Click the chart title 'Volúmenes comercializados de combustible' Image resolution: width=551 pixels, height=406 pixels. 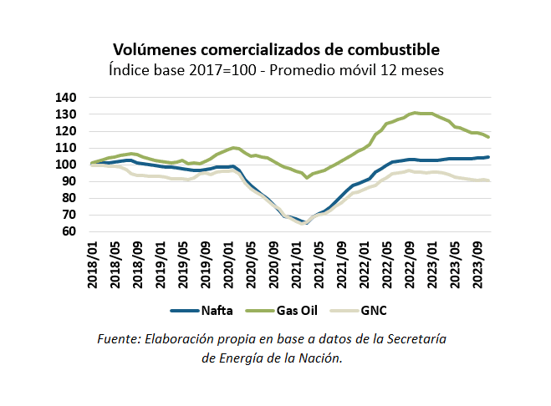pyautogui.click(x=276, y=50)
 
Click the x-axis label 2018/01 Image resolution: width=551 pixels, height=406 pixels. pyautogui.click(x=94, y=266)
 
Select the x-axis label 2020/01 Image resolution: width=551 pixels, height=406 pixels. pyautogui.click(x=232, y=266)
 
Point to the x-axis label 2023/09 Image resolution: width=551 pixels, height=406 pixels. pyautogui.click(x=480, y=266)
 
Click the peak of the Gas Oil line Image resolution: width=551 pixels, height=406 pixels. pyautogui.click(x=416, y=112)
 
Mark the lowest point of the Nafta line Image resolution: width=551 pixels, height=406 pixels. pyautogui.click(x=305, y=223)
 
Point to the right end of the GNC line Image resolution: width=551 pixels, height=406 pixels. pyautogui.click(x=489, y=181)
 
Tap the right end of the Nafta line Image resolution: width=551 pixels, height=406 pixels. pyautogui.click(x=489, y=157)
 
